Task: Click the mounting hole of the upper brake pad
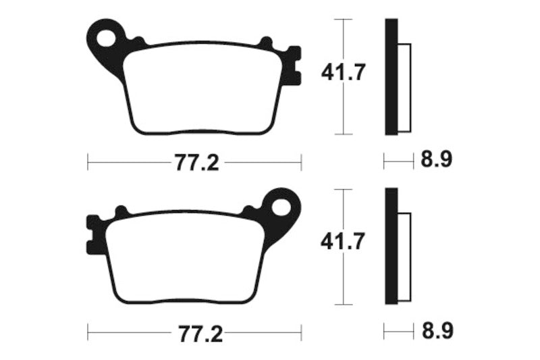[x=107, y=38]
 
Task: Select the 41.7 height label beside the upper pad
[x=344, y=72]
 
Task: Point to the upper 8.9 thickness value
[x=436, y=161]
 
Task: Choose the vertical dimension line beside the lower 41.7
[x=344, y=284]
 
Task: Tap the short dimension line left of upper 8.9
[x=398, y=161]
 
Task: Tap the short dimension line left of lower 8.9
[x=398, y=332]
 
